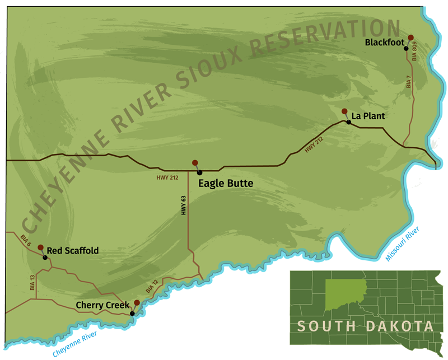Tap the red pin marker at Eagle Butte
(x=195, y=163)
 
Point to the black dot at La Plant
(x=348, y=121)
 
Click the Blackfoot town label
(x=384, y=42)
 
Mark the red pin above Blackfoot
(x=410, y=38)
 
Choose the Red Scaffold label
(x=72, y=251)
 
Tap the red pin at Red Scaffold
(x=40, y=247)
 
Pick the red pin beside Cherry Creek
(x=137, y=303)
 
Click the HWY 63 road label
(x=183, y=205)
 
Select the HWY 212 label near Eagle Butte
(x=167, y=179)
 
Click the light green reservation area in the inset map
(x=344, y=292)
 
